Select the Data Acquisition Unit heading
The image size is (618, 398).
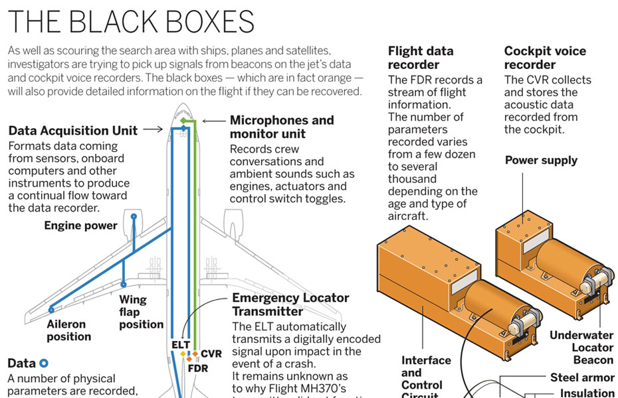click(73, 130)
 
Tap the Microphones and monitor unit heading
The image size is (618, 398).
click(282, 127)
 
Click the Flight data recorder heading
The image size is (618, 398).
click(421, 58)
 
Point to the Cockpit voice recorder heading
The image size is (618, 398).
click(545, 58)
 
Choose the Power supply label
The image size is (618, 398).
click(541, 160)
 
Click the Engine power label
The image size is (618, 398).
click(80, 226)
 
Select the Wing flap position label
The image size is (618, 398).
click(141, 312)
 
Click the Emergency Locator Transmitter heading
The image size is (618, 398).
click(290, 304)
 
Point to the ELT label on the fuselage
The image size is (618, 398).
click(181, 344)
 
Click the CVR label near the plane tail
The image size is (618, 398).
click(211, 354)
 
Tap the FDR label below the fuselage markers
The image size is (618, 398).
click(197, 367)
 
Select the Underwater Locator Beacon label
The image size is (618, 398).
click(582, 348)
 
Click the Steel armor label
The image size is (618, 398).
click(582, 377)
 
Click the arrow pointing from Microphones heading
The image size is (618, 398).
click(213, 121)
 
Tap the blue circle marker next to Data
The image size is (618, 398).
click(44, 363)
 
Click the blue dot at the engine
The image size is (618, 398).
click(134, 216)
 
